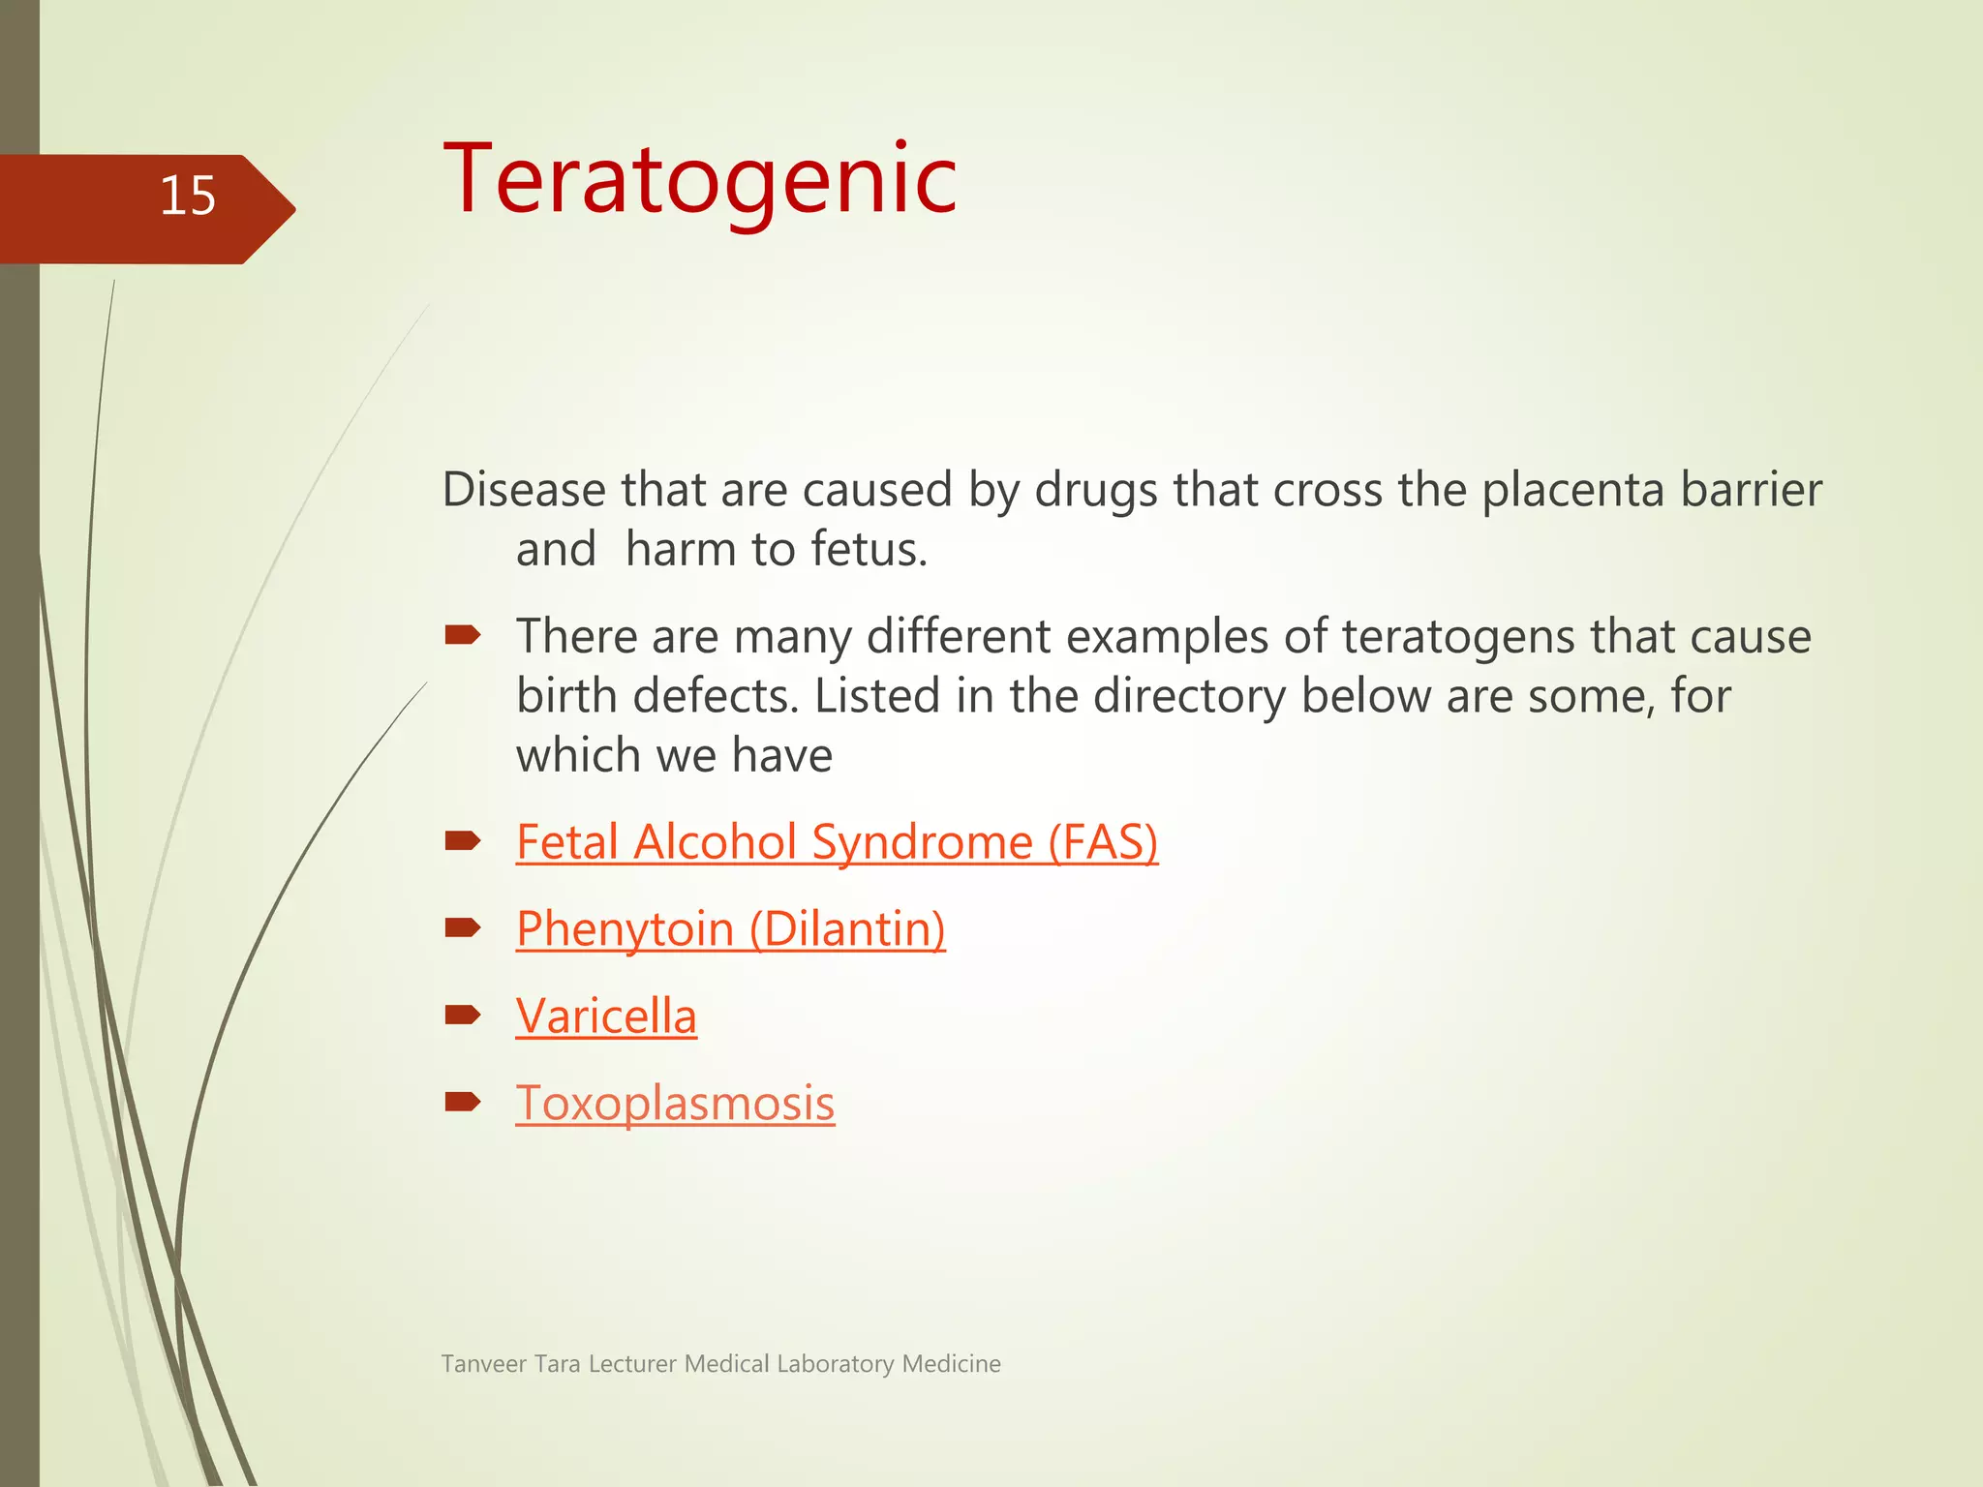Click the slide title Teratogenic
(x=699, y=180)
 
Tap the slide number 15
(x=187, y=197)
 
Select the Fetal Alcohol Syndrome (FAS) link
(x=837, y=842)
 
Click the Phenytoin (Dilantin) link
(x=730, y=929)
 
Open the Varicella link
(x=606, y=1017)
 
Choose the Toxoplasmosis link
(x=675, y=1104)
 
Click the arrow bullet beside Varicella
(x=463, y=1015)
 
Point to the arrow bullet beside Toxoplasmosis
(x=463, y=1102)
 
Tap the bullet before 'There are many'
(x=463, y=635)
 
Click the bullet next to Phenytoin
(x=463, y=928)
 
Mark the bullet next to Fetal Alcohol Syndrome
(x=463, y=840)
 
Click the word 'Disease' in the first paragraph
(x=524, y=490)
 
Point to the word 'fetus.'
(x=869, y=550)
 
